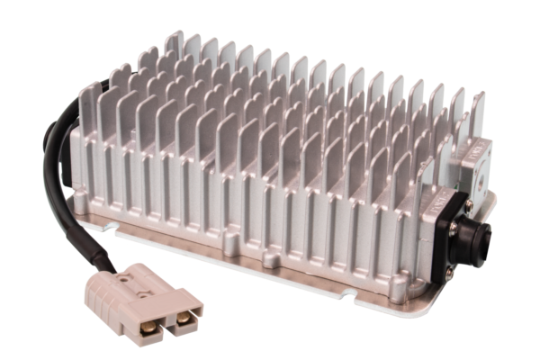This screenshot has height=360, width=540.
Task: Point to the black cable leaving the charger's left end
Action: pyautogui.click(x=56, y=171)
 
